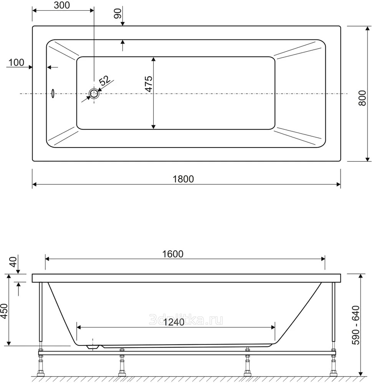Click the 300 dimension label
[x=62, y=5]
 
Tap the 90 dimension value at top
[x=118, y=13]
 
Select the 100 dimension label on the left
[x=17, y=62]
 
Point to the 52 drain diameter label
[x=105, y=80]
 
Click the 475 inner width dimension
[x=149, y=84]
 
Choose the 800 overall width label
[x=362, y=98]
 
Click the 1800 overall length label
[x=183, y=179]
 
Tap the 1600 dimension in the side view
[x=173, y=254]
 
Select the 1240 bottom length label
[x=174, y=322]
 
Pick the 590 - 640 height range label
[x=355, y=325]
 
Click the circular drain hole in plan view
[x=94, y=93]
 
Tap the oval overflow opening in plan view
[x=53, y=93]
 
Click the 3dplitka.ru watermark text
[x=186, y=320]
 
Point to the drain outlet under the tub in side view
[x=93, y=347]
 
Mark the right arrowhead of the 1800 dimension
[x=339, y=185]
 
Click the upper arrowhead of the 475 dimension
[x=153, y=59]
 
